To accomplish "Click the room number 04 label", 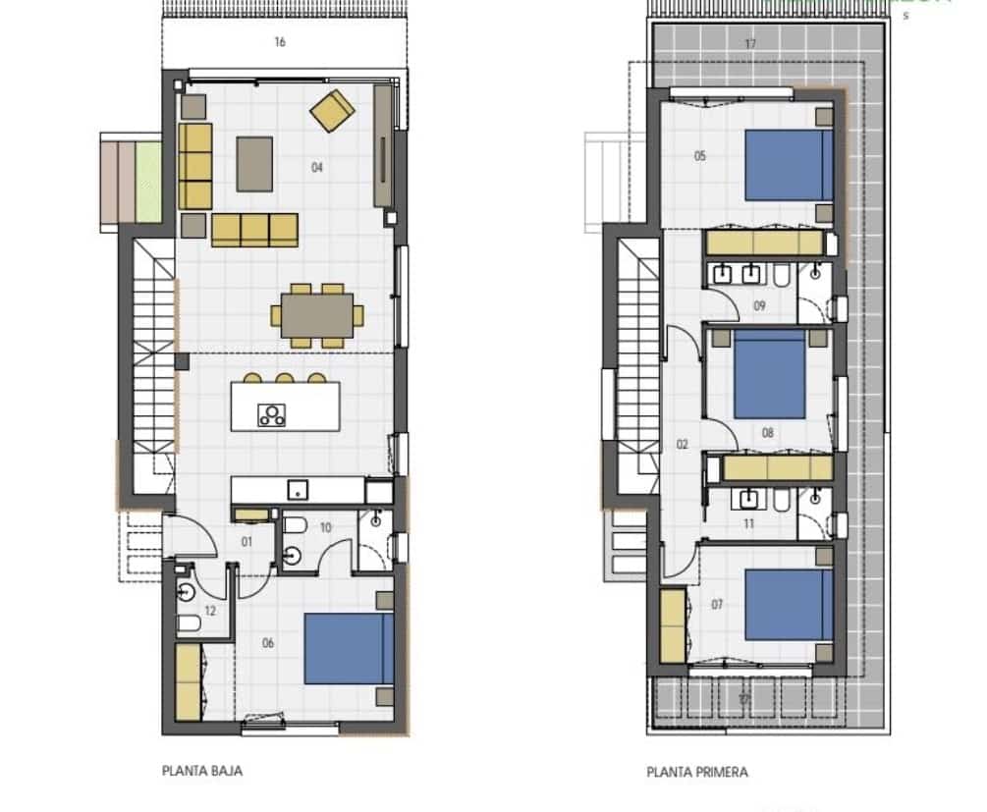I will click(317, 168).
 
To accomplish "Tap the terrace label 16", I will click(280, 42).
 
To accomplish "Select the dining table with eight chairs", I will click(317, 315).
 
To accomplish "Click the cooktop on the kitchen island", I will click(271, 415).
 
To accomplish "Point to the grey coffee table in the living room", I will click(254, 164).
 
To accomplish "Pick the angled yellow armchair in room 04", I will click(333, 110).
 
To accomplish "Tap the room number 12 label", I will click(209, 611).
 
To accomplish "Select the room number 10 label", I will click(325, 527).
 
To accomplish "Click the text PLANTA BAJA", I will click(201, 771).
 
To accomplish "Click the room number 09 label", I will click(759, 305).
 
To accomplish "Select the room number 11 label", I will click(748, 524).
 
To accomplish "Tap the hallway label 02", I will click(683, 445).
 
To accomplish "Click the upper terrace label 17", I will click(750, 43).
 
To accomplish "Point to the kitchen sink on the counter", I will click(294, 489).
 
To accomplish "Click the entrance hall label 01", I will click(247, 541).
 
